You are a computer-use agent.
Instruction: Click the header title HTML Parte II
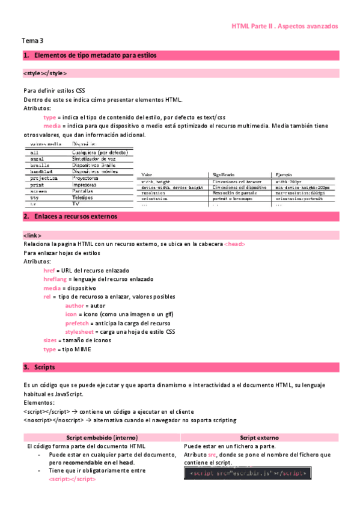coord(284,26)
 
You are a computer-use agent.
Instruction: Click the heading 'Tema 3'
coord(32,41)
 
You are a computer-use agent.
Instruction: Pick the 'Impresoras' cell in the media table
coord(85,185)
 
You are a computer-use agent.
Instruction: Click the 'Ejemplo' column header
coord(285,174)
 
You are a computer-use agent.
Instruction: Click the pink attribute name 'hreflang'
coord(55,279)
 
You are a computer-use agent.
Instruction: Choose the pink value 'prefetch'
coord(78,323)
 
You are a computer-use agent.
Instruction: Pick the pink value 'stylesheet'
coord(81,331)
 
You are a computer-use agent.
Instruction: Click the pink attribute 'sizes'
coord(50,340)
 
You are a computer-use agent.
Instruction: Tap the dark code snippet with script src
coord(248,473)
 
